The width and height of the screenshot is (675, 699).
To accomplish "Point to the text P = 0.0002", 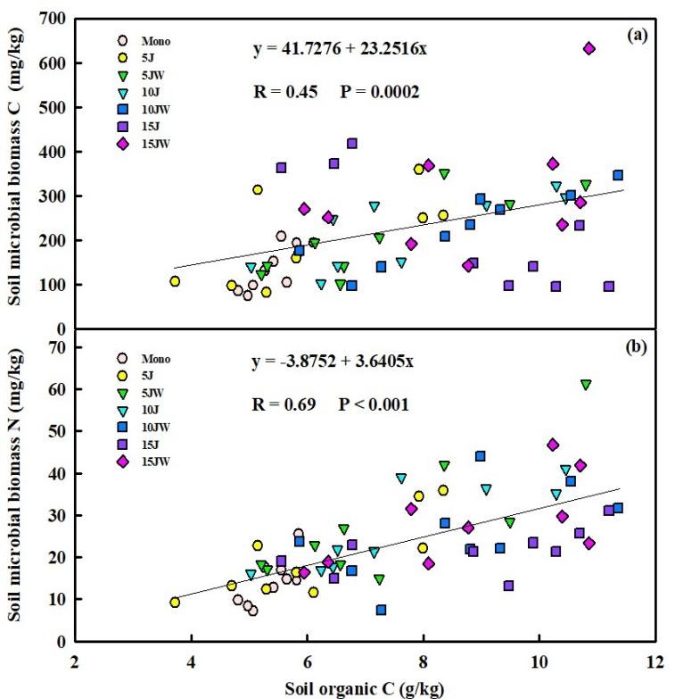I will pos(373,91).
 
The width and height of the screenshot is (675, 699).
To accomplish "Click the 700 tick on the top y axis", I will pos(55,20).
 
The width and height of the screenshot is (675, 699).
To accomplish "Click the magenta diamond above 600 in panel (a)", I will pos(589,48).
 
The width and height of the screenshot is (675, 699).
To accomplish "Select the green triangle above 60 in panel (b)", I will pos(586,385).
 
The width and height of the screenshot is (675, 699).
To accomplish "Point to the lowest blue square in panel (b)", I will pos(381,610).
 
